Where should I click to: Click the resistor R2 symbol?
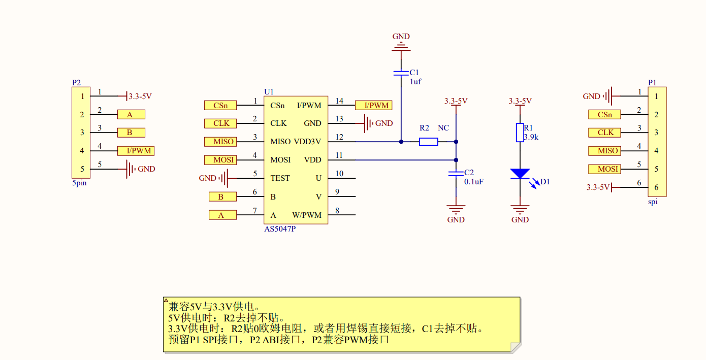[428, 142]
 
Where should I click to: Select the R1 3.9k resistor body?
[520, 133]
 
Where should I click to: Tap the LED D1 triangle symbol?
[520, 173]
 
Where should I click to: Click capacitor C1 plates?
[401, 73]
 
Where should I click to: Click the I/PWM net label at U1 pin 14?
[373, 105]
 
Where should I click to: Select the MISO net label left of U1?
[220, 142]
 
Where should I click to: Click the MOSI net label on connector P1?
[604, 169]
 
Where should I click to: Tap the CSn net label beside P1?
[604, 115]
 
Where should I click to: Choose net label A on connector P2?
[131, 115]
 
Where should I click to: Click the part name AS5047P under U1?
[279, 229]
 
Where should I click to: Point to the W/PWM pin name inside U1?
[307, 215]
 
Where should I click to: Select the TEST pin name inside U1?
[280, 178]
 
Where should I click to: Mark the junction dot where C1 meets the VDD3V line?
[401, 142]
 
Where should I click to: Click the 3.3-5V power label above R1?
[520, 101]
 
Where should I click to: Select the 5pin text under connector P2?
[79, 183]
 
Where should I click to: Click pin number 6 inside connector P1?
[656, 187]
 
